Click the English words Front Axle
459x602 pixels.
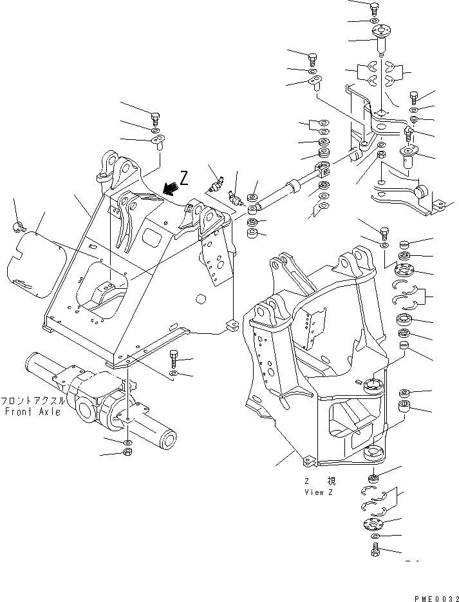[32, 411]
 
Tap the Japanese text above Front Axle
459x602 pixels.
[32, 400]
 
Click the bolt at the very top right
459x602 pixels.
[375, 8]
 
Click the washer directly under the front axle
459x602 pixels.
[127, 442]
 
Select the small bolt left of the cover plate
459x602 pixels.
[17, 225]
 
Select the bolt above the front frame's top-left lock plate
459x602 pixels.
[156, 117]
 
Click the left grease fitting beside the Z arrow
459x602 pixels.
[216, 186]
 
